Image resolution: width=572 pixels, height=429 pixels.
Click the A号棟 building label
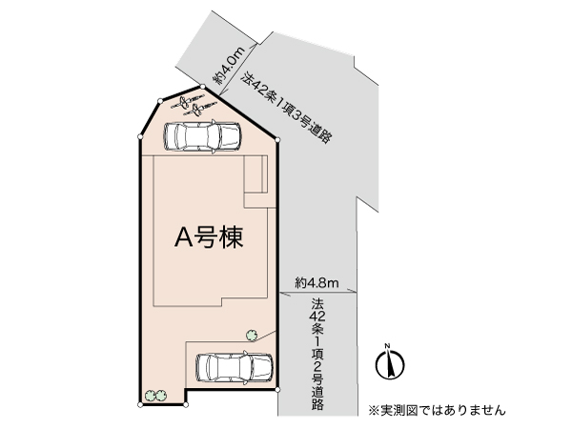(x=209, y=237)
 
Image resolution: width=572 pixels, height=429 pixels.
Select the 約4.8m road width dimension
(x=317, y=283)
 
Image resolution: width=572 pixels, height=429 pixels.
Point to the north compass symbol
(x=390, y=363)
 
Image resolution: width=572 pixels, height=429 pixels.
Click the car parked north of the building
(x=202, y=136)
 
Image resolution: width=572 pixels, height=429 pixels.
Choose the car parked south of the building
(x=235, y=367)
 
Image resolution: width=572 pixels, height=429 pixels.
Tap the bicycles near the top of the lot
(x=193, y=104)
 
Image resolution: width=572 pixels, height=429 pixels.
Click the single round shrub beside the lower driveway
(x=252, y=335)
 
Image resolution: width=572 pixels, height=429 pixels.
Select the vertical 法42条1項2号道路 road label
(x=317, y=354)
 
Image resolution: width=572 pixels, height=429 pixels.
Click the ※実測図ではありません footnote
(x=437, y=410)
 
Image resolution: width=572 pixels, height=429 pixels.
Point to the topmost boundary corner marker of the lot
(x=202, y=87)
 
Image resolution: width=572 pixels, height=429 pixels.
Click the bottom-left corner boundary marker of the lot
(x=140, y=404)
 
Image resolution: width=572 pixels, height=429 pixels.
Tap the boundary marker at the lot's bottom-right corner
(x=277, y=390)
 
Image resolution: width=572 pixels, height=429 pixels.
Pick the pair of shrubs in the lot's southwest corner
(x=155, y=395)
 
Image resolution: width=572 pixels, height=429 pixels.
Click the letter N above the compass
(x=388, y=345)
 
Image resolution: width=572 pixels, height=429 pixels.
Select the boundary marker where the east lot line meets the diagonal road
(x=277, y=140)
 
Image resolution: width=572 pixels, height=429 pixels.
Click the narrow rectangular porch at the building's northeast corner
(x=255, y=174)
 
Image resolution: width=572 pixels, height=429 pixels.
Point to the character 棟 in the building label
(x=232, y=237)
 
